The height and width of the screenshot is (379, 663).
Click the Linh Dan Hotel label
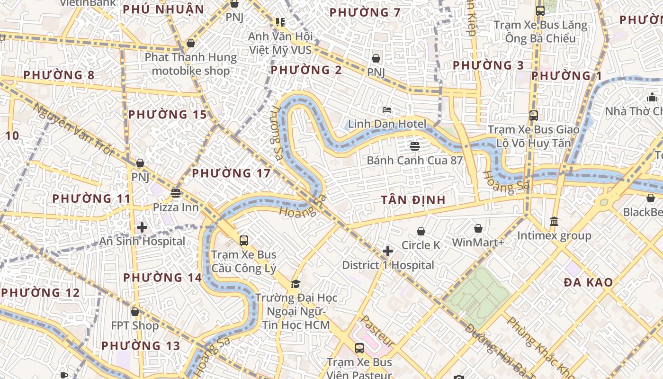pos(387,124)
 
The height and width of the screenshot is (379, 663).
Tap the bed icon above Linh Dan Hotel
pos(387,110)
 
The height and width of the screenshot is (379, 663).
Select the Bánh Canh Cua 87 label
pos(414,160)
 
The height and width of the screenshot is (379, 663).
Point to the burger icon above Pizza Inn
pos(176,193)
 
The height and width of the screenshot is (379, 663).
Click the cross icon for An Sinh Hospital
pos(142,227)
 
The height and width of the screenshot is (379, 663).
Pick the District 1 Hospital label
pos(388,265)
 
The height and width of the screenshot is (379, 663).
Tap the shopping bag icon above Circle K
pos(421,231)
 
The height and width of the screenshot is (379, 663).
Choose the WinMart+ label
pos(478,243)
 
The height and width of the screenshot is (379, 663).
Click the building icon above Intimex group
pos(554,221)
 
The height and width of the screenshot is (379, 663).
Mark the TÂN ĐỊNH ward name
pos(413,200)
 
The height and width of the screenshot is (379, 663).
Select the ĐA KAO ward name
pos(588,282)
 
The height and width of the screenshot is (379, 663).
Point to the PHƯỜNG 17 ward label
pos(231,173)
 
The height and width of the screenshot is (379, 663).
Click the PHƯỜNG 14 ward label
pos(162,278)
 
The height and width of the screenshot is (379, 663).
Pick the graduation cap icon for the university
pos(296,284)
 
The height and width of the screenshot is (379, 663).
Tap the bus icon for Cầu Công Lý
pos(243,241)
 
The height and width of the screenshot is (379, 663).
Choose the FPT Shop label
pos(135,326)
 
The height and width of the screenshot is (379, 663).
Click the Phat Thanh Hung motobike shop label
pos(190,64)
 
